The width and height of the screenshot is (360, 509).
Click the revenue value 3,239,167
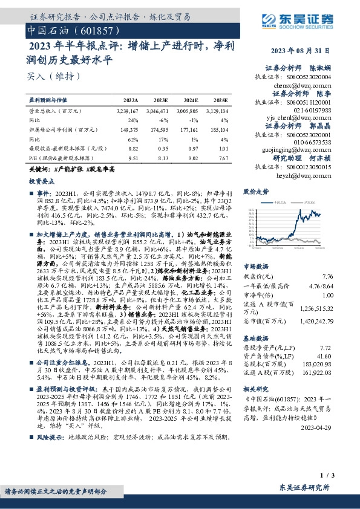point(126,111)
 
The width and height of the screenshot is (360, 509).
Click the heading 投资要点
point(40,180)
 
